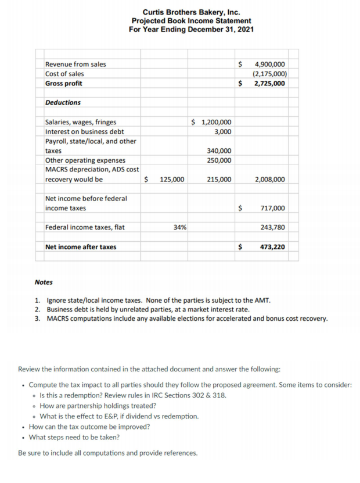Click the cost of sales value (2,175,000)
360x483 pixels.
pos(268,74)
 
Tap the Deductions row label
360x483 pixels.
pos(63,103)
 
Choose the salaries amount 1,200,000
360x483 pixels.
pos(215,122)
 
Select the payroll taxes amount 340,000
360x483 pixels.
pos(219,151)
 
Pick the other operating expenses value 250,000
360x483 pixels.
pos(219,160)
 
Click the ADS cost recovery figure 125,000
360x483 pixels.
pos(172,180)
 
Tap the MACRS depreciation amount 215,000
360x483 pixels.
pos(219,180)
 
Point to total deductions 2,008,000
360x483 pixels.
pos(270,180)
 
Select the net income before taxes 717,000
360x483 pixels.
pos(272,208)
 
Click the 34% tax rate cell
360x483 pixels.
pos(180,227)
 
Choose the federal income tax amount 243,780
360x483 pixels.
pos(272,227)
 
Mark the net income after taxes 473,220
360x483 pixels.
pos(272,247)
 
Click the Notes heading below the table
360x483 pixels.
pos(44,282)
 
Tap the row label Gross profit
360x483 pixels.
pos(64,84)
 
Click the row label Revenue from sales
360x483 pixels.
pos(75,65)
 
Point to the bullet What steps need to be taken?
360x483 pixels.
pos(74,437)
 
